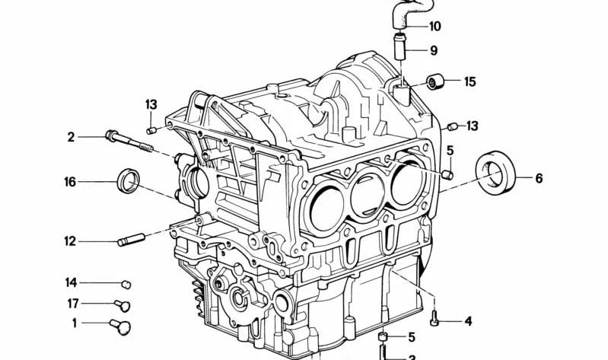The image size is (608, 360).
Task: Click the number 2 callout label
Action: pos(71,137)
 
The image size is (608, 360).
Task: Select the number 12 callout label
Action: pos(70,242)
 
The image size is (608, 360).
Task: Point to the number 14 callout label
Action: pos(71,282)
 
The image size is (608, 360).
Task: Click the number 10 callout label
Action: pos(435,27)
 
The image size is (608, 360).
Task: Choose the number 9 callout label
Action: pos(433,51)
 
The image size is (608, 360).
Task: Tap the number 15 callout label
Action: pos(470,81)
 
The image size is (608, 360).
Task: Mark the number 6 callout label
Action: pos(539,179)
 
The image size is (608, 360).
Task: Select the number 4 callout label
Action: pos(469,321)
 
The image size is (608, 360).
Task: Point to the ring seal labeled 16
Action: pos(128,181)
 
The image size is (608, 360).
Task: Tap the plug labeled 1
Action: pos(118,325)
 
